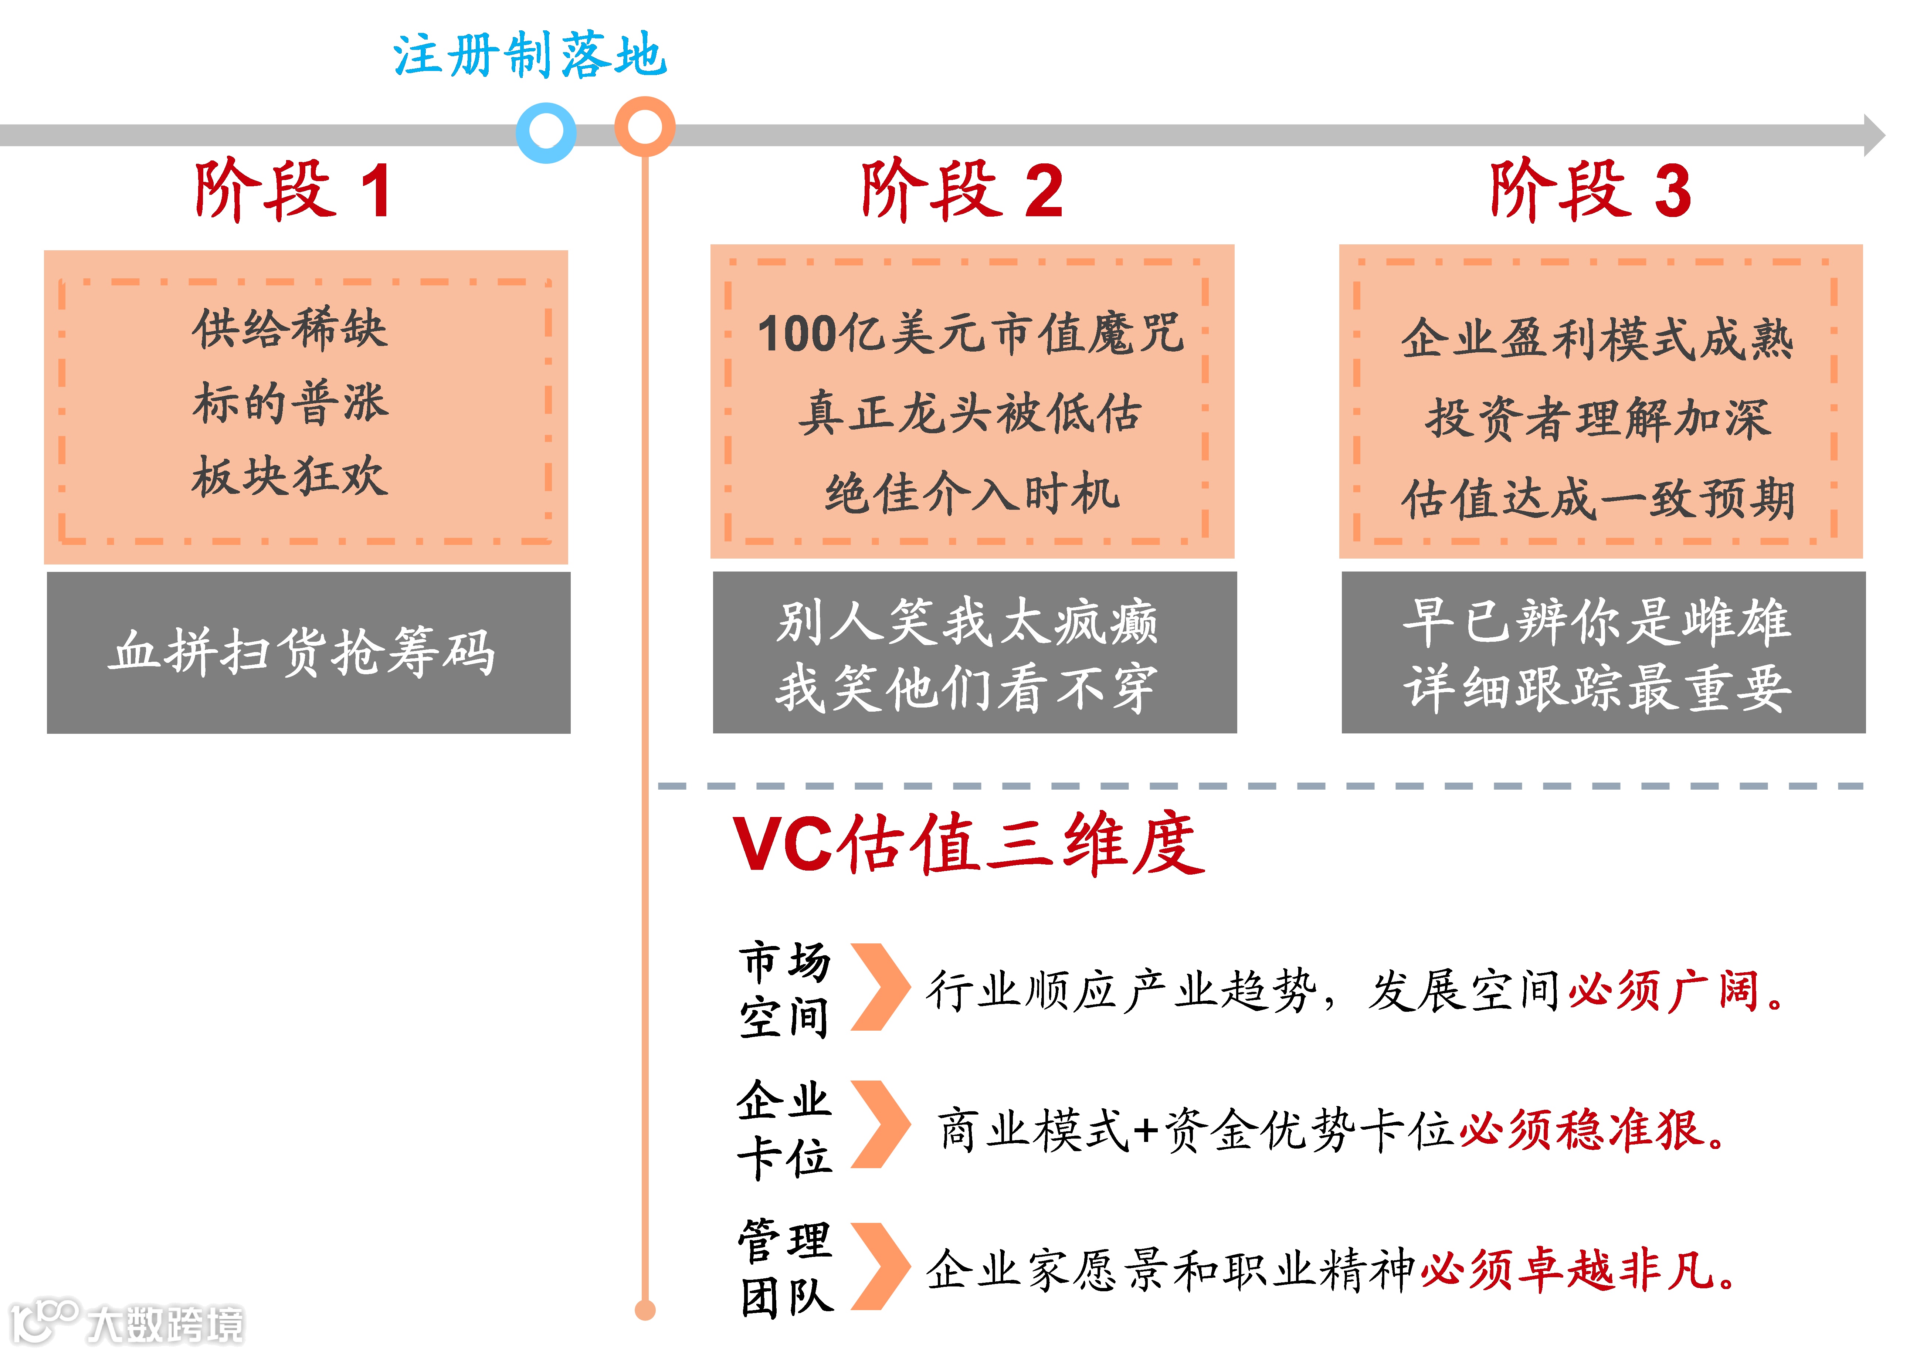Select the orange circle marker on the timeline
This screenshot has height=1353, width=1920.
[645, 126]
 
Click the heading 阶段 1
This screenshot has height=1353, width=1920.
[293, 191]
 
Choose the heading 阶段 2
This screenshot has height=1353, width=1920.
[962, 191]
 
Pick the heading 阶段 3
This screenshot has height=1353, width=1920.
[1591, 191]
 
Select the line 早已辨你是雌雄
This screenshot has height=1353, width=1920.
[1597, 622]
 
